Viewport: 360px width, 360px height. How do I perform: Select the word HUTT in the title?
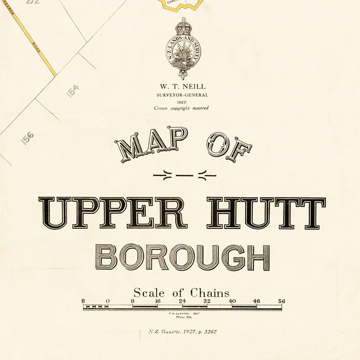266,213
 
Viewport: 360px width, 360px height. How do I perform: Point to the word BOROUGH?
182,257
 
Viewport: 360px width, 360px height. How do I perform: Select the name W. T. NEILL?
182,86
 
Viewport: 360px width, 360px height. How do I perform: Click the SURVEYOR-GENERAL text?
182,95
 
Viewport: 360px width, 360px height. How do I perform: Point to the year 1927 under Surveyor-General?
182,102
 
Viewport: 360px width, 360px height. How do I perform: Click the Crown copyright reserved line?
182,108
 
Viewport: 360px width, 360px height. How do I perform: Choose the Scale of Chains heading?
181,293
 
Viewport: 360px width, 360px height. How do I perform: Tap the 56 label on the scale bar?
282,301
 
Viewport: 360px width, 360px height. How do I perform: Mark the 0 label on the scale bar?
108,301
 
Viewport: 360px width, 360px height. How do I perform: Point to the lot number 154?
72,91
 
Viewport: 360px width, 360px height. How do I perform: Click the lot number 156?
27,138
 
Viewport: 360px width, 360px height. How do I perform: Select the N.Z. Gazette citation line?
183,332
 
